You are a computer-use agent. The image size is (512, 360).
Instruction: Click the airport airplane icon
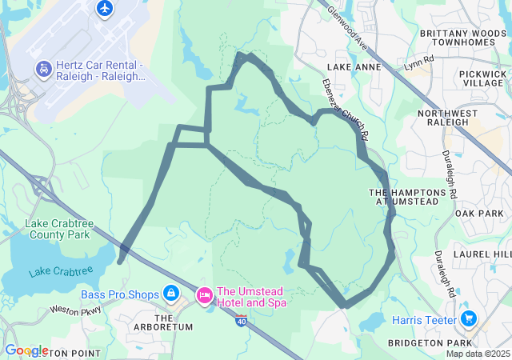pyautogui.click(x=105, y=9)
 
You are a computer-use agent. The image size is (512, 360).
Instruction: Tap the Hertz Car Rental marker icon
pyautogui.click(x=42, y=70)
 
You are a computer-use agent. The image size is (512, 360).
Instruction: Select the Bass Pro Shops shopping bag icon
pyautogui.click(x=170, y=294)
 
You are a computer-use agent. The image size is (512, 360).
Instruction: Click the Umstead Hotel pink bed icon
pyautogui.click(x=204, y=297)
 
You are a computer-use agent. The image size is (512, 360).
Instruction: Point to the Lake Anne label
pyautogui.click(x=354, y=68)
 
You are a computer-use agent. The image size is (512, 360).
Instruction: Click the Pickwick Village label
pyautogui.click(x=483, y=78)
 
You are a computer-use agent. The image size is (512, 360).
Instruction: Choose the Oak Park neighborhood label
pyautogui.click(x=478, y=214)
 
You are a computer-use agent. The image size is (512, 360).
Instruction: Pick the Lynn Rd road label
pyautogui.click(x=418, y=62)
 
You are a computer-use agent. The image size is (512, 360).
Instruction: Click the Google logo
pyautogui.click(x=26, y=350)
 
